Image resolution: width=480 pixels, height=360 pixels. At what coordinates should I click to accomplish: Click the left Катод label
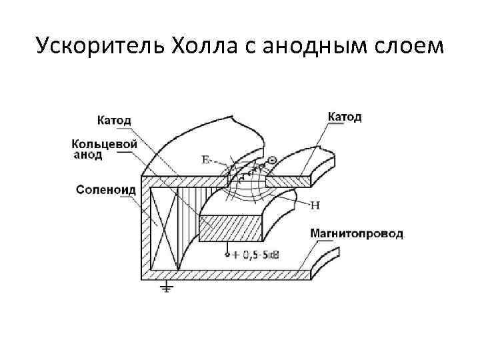pyautogui.click(x=114, y=121)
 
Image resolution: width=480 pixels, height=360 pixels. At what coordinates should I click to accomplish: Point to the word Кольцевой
pyautogui.click(x=105, y=143)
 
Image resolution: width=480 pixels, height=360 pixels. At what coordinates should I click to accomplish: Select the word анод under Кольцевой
pyautogui.click(x=87, y=155)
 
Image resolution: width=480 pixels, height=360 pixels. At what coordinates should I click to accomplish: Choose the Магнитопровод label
pyautogui.click(x=356, y=234)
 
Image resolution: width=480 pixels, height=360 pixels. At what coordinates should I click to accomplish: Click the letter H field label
pyautogui.click(x=315, y=205)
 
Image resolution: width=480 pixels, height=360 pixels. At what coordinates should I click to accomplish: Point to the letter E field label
pyautogui.click(x=205, y=159)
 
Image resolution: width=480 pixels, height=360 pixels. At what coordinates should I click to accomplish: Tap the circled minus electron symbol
pyautogui.click(x=272, y=160)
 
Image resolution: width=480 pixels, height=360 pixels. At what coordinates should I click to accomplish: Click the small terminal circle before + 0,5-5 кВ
pyautogui.click(x=227, y=255)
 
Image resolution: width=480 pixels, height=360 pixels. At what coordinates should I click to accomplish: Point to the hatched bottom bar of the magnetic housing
pyautogui.click(x=227, y=274)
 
